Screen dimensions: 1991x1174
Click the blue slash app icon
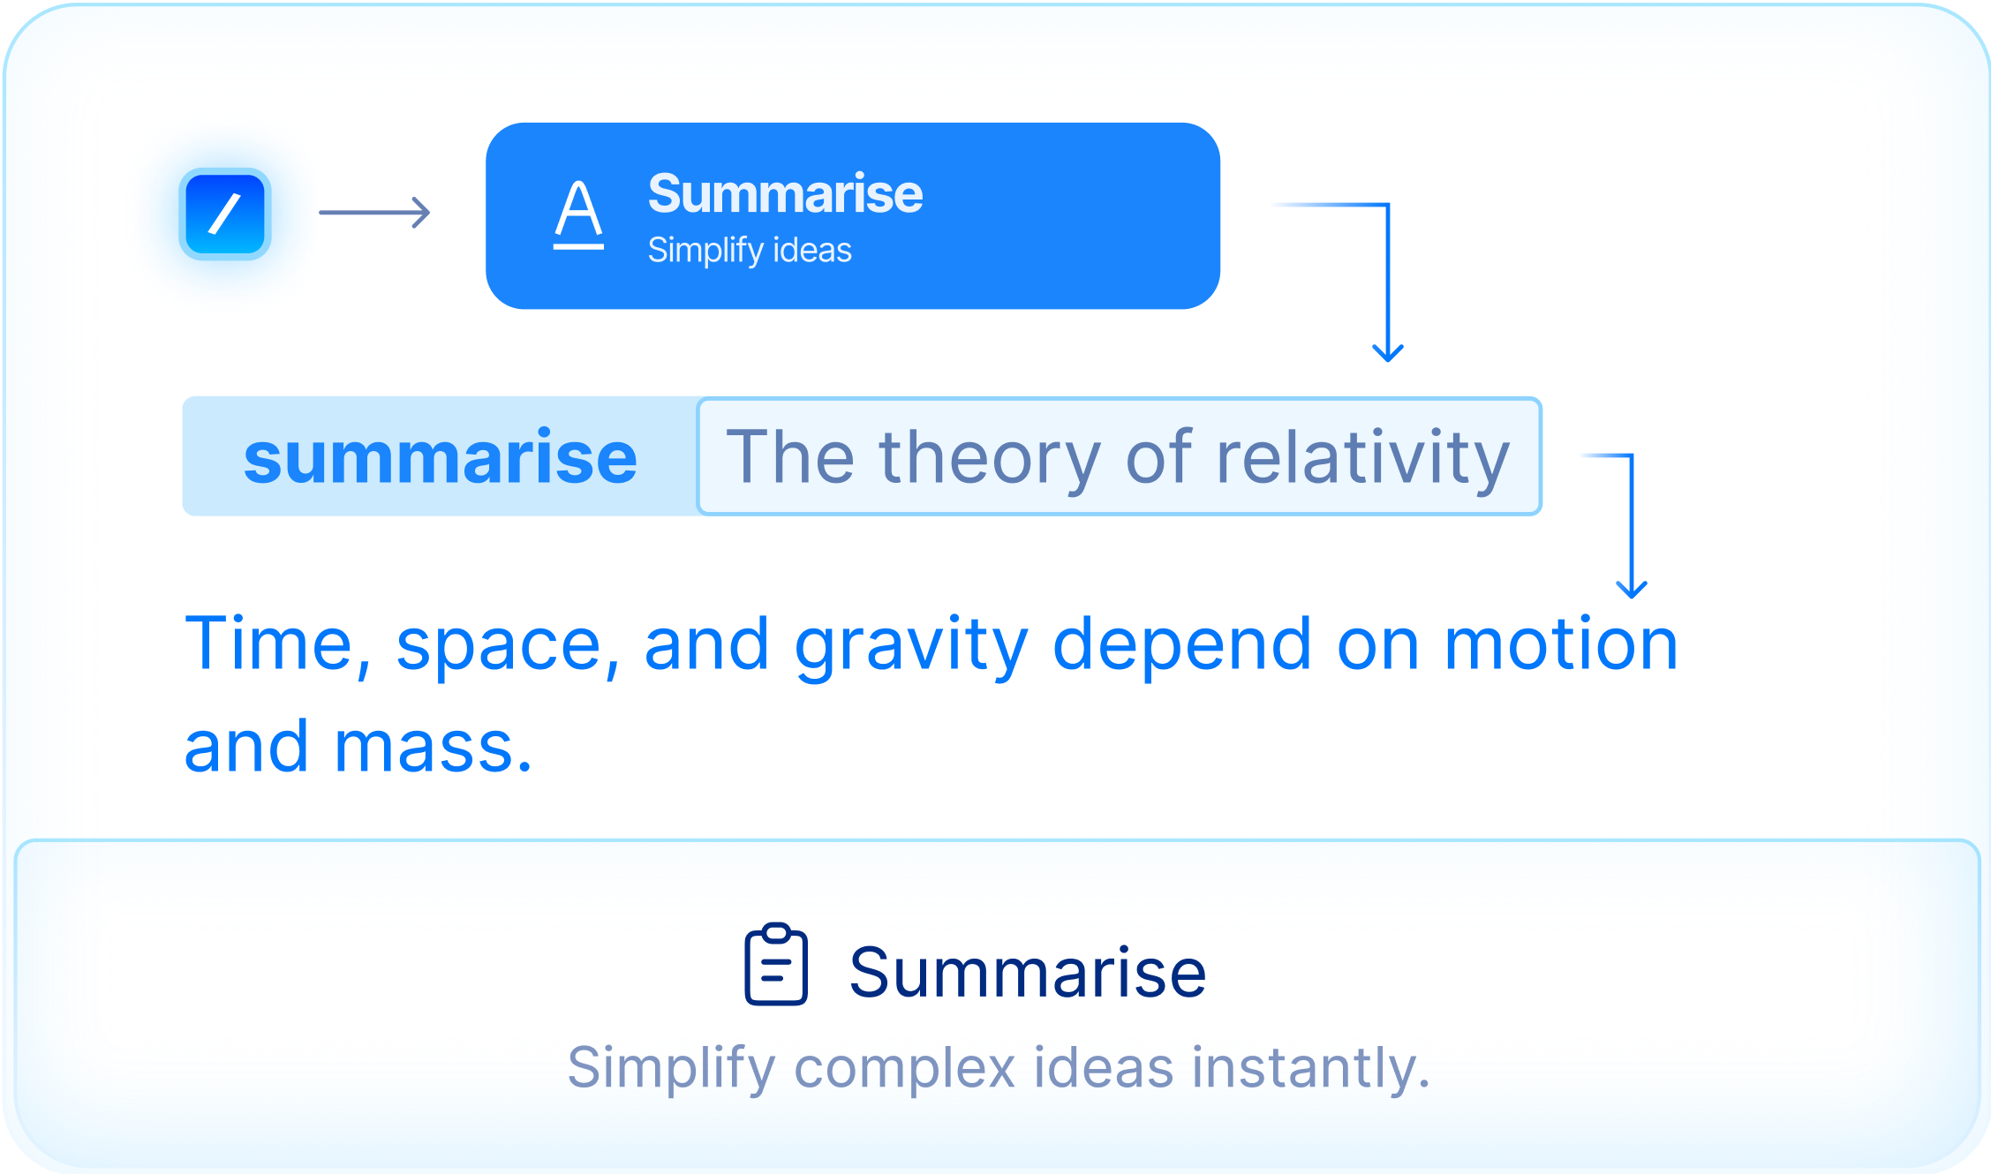click(225, 214)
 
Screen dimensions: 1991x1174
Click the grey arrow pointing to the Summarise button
click(374, 213)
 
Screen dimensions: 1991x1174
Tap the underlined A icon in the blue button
click(578, 214)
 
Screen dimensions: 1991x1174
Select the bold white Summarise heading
click(785, 193)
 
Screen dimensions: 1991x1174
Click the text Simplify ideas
click(750, 250)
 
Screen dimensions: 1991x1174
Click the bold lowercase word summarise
click(440, 457)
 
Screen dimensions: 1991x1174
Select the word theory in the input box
click(989, 458)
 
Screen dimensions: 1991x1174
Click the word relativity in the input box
click(1363, 458)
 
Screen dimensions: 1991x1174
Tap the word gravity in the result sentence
click(911, 647)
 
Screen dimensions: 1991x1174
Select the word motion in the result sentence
click(1560, 644)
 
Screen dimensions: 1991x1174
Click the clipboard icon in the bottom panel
click(776, 964)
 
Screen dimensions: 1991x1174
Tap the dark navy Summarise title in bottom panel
click(1028, 972)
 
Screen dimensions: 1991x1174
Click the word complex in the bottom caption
click(905, 1069)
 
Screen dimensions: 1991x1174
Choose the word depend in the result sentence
click(1182, 647)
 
